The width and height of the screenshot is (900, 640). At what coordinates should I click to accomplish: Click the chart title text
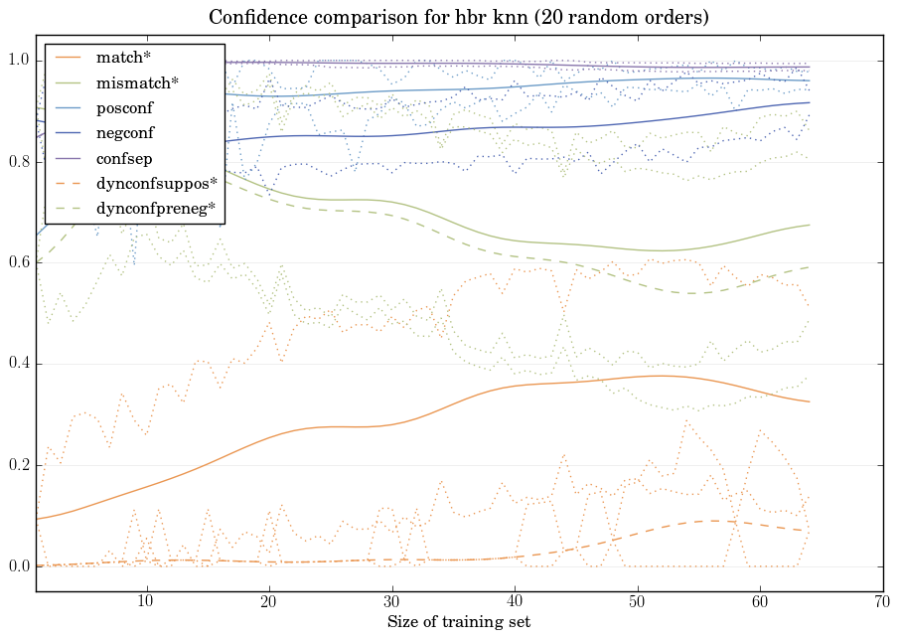pyautogui.click(x=458, y=18)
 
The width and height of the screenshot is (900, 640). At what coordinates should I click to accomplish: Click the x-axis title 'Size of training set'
pyautogui.click(x=458, y=623)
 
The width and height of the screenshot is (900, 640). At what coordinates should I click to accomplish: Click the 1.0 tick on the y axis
pyautogui.click(x=19, y=61)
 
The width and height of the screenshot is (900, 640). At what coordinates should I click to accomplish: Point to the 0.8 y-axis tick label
pyautogui.click(x=19, y=162)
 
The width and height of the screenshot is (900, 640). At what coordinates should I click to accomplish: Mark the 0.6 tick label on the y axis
pyautogui.click(x=19, y=263)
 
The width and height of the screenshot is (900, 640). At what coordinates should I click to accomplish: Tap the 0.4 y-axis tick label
pyautogui.click(x=19, y=365)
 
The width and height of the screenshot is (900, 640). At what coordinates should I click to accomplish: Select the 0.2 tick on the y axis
pyautogui.click(x=19, y=466)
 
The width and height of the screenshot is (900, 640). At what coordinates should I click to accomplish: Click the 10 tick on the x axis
pyautogui.click(x=146, y=602)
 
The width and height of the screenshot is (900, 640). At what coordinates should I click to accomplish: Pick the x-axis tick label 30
pyautogui.click(x=391, y=602)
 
